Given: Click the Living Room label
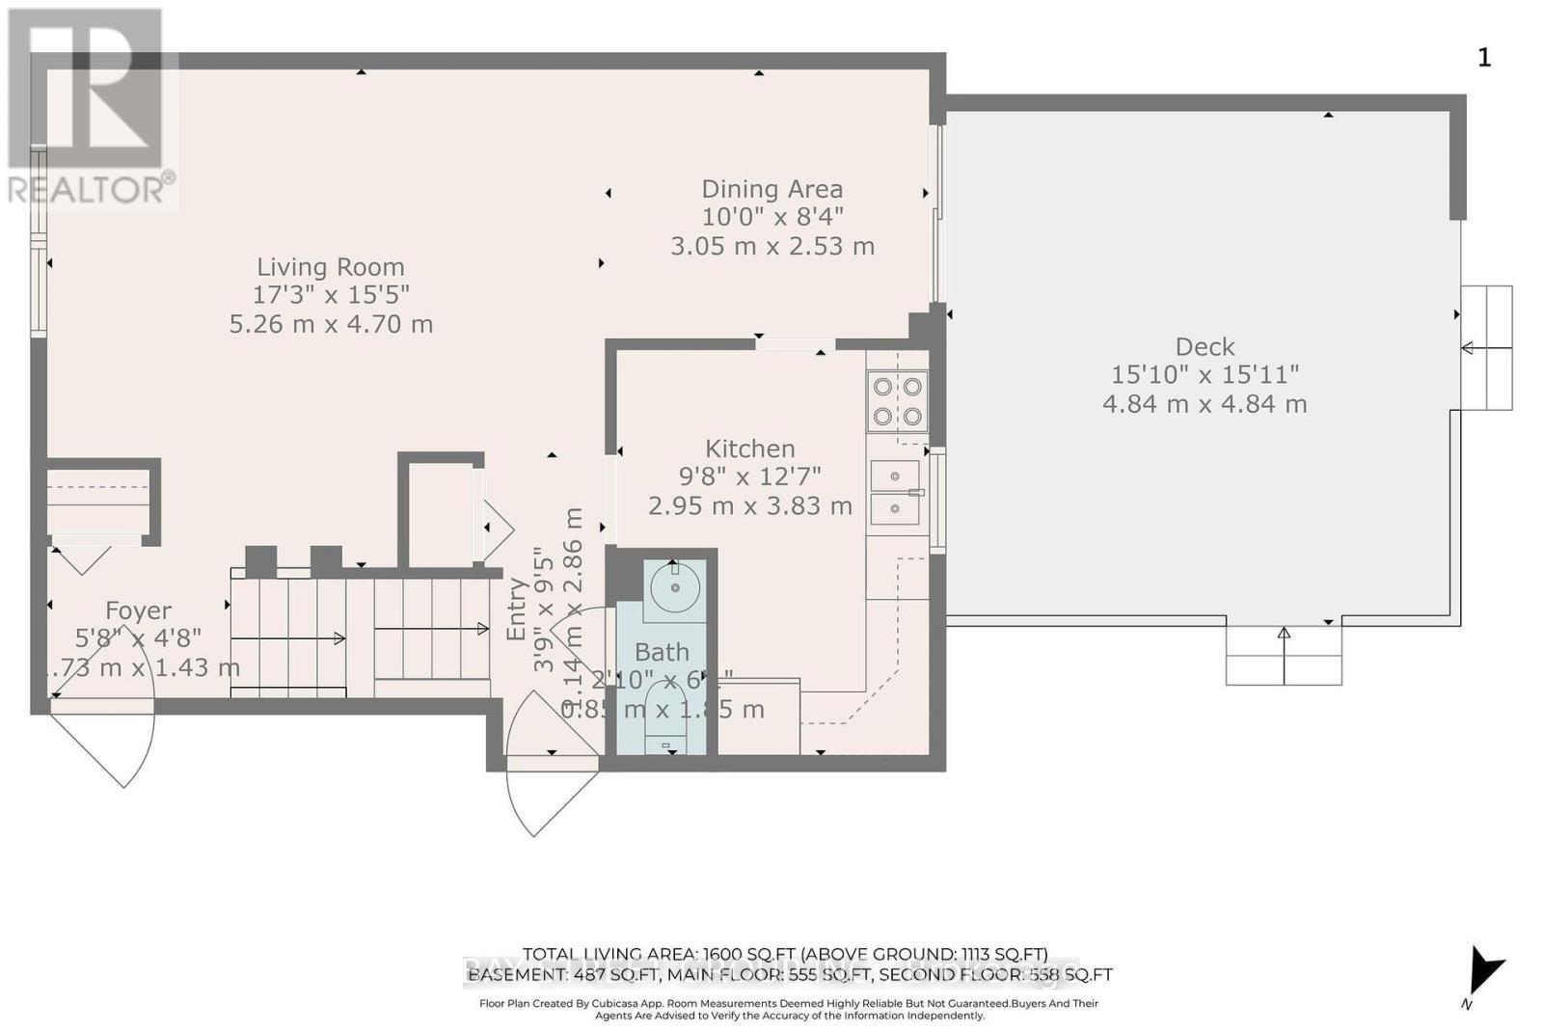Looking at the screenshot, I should pyautogui.click(x=330, y=267).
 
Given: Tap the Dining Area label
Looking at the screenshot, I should pyautogui.click(x=771, y=189).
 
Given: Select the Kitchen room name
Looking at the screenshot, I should pyautogui.click(x=749, y=448).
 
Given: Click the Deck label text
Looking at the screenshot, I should pyautogui.click(x=1205, y=346).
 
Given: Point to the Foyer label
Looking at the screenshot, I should pyautogui.click(x=138, y=610).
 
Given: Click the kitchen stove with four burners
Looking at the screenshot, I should pyautogui.click(x=897, y=401).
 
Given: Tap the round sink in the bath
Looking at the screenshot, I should pyautogui.click(x=674, y=586).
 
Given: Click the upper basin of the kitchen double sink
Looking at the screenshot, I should pyautogui.click(x=895, y=476).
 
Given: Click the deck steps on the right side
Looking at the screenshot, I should pyautogui.click(x=1486, y=348).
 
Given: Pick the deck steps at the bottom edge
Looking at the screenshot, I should pyautogui.click(x=1284, y=655).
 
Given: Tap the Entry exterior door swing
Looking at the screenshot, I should pyautogui.click(x=550, y=772).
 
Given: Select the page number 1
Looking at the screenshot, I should pyautogui.click(x=1484, y=58).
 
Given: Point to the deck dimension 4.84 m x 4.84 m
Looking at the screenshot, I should pyautogui.click(x=1205, y=404).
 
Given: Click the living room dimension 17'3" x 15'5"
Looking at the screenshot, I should pyautogui.click(x=331, y=295).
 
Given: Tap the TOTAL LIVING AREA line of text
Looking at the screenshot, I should pyautogui.click(x=784, y=954).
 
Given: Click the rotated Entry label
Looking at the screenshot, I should pyautogui.click(x=516, y=610).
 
